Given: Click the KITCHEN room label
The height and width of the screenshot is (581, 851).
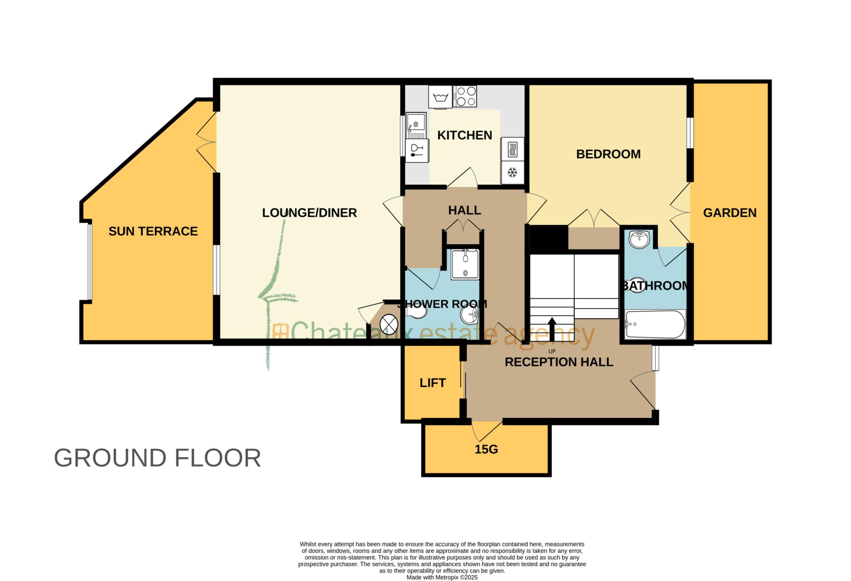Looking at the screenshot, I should pyautogui.click(x=464, y=135).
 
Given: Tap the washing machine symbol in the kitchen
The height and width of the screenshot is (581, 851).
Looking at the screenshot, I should pyautogui.click(x=440, y=97).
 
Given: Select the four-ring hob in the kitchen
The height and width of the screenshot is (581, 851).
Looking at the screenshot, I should pyautogui.click(x=465, y=96).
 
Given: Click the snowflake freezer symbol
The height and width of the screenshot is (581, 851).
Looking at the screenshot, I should pyautogui.click(x=512, y=172).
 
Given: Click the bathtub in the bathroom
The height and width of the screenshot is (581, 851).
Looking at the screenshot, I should pyautogui.click(x=655, y=324).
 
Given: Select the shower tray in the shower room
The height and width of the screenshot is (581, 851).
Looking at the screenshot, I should pyautogui.click(x=465, y=264).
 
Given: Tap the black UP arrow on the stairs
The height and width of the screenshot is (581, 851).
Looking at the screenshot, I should pyautogui.click(x=552, y=329).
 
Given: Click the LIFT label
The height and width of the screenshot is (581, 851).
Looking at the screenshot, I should pyautogui.click(x=433, y=383).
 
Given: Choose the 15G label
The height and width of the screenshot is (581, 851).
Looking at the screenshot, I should pyautogui.click(x=486, y=449).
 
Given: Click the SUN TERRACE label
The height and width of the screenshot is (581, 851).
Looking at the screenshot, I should pyautogui.click(x=153, y=231).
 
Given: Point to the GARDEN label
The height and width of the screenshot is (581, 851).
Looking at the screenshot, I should pyautogui.click(x=729, y=213).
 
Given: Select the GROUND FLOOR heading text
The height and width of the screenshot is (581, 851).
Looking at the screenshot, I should pyautogui.click(x=157, y=458).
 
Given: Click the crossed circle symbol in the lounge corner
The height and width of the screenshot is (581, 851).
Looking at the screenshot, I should pyautogui.click(x=389, y=324).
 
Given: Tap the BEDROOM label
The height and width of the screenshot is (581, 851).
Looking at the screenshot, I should pyautogui.click(x=608, y=154).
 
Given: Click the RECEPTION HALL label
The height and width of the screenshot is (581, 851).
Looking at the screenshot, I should pyautogui.click(x=558, y=362).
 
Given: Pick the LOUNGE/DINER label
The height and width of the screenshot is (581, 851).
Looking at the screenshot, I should pyautogui.click(x=309, y=213).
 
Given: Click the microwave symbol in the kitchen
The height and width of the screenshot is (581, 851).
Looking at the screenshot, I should pyautogui.click(x=513, y=149).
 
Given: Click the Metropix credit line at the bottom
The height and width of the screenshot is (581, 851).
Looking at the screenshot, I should pyautogui.click(x=442, y=577).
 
